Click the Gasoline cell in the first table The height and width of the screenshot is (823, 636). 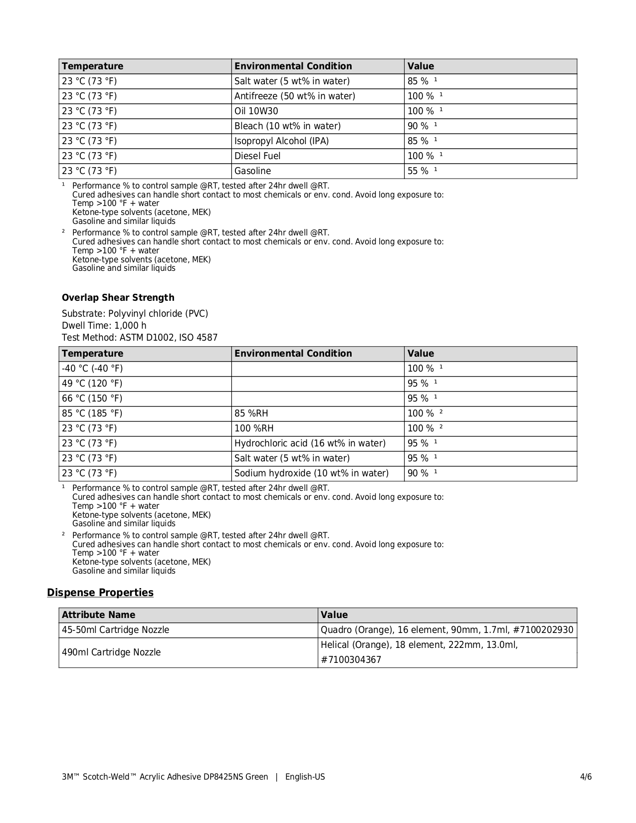(x=253, y=171)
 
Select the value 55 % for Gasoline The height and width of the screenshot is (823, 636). (x=418, y=171)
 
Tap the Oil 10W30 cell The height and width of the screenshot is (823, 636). (x=256, y=111)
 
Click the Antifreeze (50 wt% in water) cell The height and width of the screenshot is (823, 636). (x=295, y=96)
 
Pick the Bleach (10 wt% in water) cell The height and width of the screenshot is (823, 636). (x=287, y=126)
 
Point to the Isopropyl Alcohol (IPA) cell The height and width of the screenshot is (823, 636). (x=282, y=141)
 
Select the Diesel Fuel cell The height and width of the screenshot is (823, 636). (x=257, y=156)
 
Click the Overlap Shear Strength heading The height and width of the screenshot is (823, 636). (x=118, y=298)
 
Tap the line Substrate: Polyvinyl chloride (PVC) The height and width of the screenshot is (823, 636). (x=135, y=314)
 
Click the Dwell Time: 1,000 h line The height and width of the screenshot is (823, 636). (x=104, y=326)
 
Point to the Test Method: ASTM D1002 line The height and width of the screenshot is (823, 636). (x=140, y=338)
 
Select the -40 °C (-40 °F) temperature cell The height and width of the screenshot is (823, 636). (x=92, y=369)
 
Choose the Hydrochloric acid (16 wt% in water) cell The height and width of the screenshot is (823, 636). (x=310, y=443)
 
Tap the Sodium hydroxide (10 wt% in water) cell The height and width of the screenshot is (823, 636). (x=311, y=473)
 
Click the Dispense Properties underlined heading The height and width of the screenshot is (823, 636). (x=100, y=593)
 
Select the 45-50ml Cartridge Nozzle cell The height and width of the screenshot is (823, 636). (x=116, y=630)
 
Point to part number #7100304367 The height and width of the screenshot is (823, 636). (x=351, y=660)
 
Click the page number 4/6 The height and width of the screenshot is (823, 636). (x=586, y=777)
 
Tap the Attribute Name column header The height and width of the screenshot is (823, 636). (x=99, y=615)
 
